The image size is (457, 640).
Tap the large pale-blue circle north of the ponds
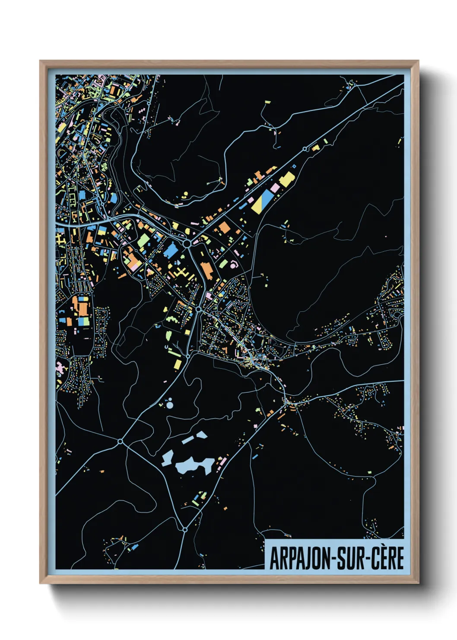[x=169, y=405]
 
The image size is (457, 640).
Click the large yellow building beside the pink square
[x=286, y=179]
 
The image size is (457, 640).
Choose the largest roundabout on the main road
[x=187, y=244]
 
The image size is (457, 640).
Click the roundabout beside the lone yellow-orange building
[x=305, y=149]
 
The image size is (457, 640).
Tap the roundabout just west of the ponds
[x=120, y=441]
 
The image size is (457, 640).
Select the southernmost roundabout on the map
[x=185, y=529]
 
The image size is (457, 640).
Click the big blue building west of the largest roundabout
[x=171, y=250]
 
